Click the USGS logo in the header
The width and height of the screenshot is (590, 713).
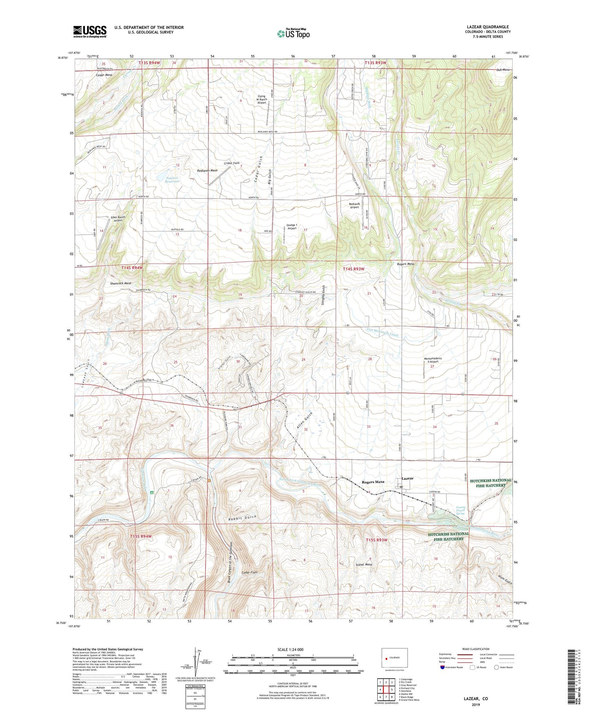(90, 31)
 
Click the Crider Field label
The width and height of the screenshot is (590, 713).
(231, 163)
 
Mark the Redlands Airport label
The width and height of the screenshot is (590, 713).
(354, 205)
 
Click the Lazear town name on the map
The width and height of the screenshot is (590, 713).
(407, 478)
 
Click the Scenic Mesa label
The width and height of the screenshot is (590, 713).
(364, 564)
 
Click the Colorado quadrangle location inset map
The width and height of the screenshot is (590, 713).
(394, 658)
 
